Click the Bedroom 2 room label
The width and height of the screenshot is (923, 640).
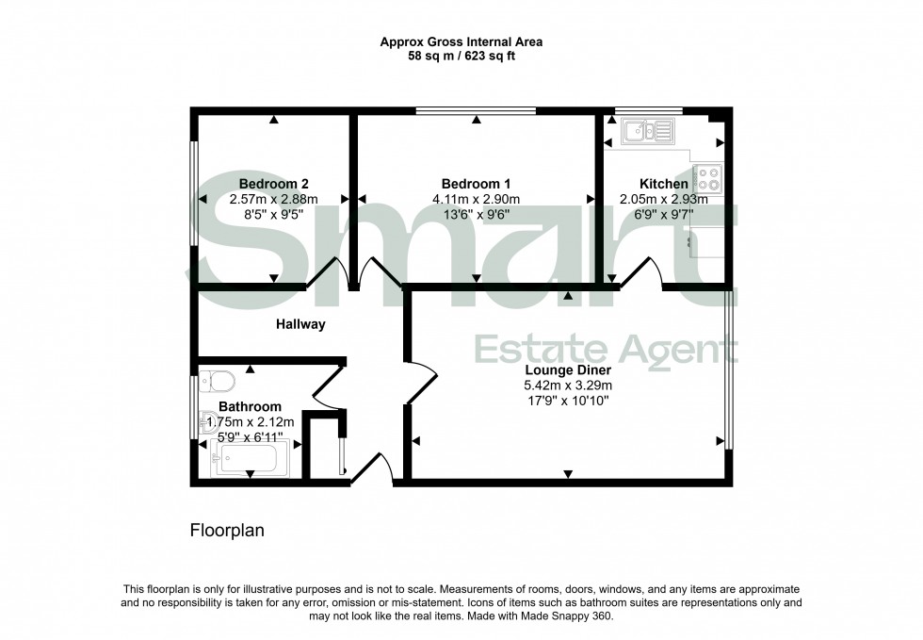coord(273,184)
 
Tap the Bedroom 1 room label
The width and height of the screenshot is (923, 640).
coord(476,184)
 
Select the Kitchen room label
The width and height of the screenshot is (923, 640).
coord(663,184)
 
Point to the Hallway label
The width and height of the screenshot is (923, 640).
coord(300,324)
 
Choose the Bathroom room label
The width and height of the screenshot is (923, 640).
coord(250,407)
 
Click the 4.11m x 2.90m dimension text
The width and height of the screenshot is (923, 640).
coord(476,199)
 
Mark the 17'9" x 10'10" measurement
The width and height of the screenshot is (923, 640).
coord(568,401)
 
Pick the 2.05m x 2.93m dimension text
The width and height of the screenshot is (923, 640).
coord(663,199)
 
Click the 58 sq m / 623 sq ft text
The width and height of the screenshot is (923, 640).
coord(461,57)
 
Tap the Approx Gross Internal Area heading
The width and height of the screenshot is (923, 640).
coord(461,41)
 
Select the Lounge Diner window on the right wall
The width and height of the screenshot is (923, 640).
coord(727,368)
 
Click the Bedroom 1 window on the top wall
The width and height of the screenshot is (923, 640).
coord(476,111)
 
